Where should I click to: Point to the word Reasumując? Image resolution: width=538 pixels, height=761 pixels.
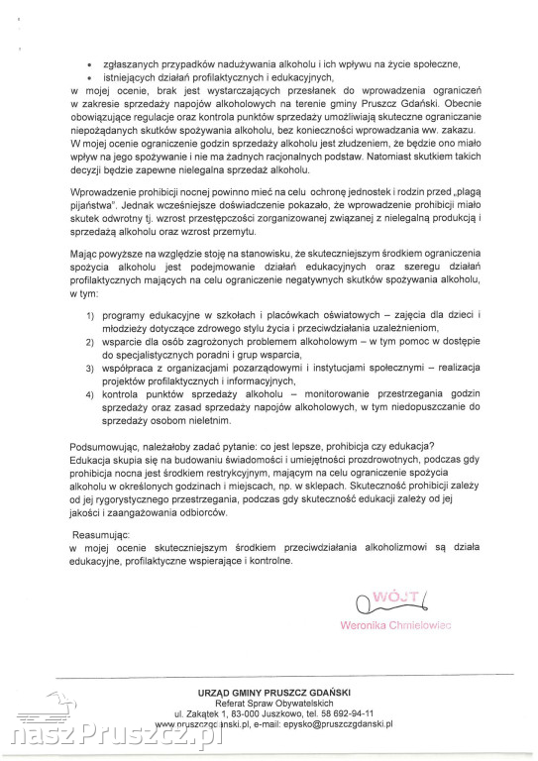100,533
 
